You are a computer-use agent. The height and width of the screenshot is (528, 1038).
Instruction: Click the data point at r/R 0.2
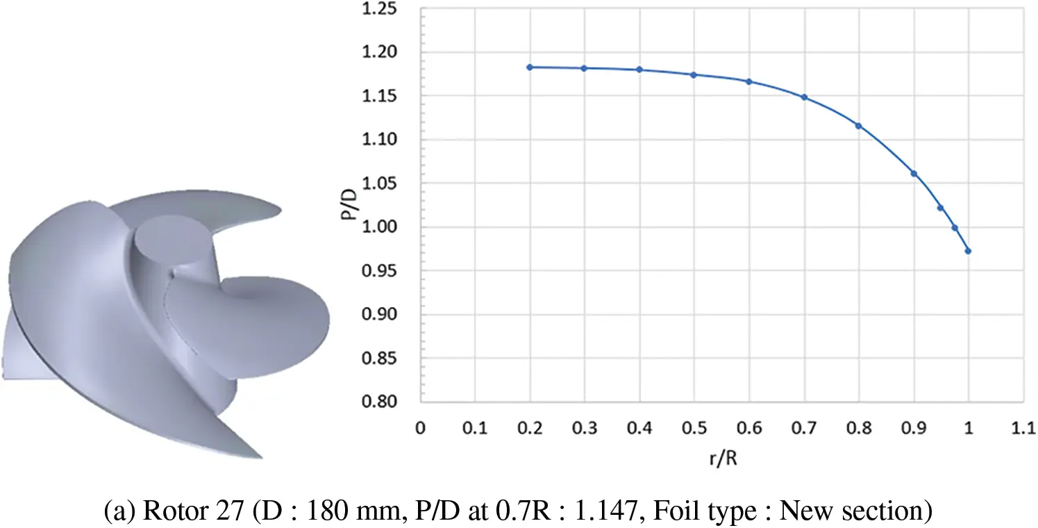pos(529,67)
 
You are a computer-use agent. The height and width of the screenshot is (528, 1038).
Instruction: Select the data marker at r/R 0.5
pos(694,74)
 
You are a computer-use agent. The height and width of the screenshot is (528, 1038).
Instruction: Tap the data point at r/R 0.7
pos(804,97)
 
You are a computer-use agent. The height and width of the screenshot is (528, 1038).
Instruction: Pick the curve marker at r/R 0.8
pos(859,126)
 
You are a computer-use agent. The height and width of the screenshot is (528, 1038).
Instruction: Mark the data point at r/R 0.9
pos(914,174)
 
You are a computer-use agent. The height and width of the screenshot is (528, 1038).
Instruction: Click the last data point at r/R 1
pos(968,251)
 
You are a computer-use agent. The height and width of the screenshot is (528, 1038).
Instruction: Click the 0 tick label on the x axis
pos(419,430)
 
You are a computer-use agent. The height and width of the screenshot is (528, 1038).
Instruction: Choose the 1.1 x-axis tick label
pos(1023,430)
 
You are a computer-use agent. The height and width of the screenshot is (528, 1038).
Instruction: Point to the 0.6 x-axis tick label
pos(748,430)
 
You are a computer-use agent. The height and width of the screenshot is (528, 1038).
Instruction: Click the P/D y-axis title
pos(346,206)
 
